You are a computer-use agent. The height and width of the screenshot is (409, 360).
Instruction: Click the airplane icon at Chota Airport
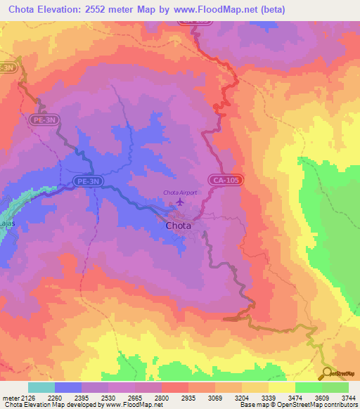[x=179, y=202]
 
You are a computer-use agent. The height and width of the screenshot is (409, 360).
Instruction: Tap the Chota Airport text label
[x=180, y=192]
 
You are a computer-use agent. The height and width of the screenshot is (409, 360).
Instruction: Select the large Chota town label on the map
[x=180, y=226]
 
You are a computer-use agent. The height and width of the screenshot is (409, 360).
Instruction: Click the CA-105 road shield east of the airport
[x=226, y=181]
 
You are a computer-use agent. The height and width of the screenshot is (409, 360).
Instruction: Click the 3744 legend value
[x=349, y=398]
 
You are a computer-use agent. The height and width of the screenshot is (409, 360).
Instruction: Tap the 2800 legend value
[x=162, y=398]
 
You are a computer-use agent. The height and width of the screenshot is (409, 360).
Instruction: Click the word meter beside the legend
[x=11, y=398]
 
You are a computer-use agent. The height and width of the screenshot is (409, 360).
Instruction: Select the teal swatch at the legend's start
[x=41, y=387]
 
